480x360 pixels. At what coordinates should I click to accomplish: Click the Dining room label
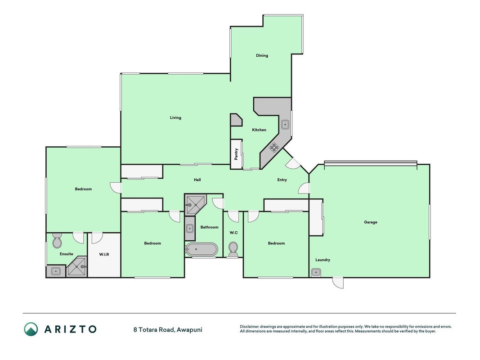[x=262, y=55]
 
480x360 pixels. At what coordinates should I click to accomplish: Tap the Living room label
[x=175, y=117]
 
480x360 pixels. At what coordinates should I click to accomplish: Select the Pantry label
[x=236, y=154]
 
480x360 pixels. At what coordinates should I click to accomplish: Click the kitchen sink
[x=285, y=125]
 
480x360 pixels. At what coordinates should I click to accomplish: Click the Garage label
[x=370, y=222]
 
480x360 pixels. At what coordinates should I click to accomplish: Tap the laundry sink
[x=316, y=272]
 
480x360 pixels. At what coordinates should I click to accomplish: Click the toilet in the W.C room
[x=233, y=249]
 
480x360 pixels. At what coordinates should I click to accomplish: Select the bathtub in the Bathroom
[x=202, y=249]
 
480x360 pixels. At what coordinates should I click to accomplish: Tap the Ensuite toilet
[x=57, y=241]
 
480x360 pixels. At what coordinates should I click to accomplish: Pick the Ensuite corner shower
[x=77, y=267]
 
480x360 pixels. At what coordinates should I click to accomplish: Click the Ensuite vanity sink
[x=56, y=271]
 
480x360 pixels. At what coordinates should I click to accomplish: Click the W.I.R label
[x=104, y=254]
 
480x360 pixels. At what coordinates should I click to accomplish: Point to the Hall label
[x=197, y=180]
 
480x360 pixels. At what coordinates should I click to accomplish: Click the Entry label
[x=282, y=180]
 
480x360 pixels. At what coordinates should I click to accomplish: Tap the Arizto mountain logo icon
[x=31, y=329]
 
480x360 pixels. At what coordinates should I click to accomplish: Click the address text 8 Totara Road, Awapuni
[x=168, y=330]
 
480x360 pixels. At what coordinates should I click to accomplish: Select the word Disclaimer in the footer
[x=250, y=327]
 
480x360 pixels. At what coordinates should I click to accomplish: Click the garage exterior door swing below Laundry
[x=338, y=282]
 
